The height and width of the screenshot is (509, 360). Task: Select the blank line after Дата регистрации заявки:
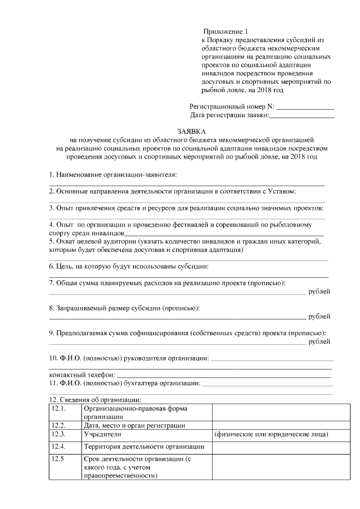tap(302, 116)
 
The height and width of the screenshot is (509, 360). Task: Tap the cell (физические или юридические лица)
tap(271, 435)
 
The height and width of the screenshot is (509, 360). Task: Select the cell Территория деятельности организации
tap(143, 447)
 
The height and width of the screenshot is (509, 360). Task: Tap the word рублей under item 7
tap(319, 291)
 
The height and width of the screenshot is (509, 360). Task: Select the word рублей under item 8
tap(319, 316)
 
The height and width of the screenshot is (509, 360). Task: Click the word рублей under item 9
tap(319, 341)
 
